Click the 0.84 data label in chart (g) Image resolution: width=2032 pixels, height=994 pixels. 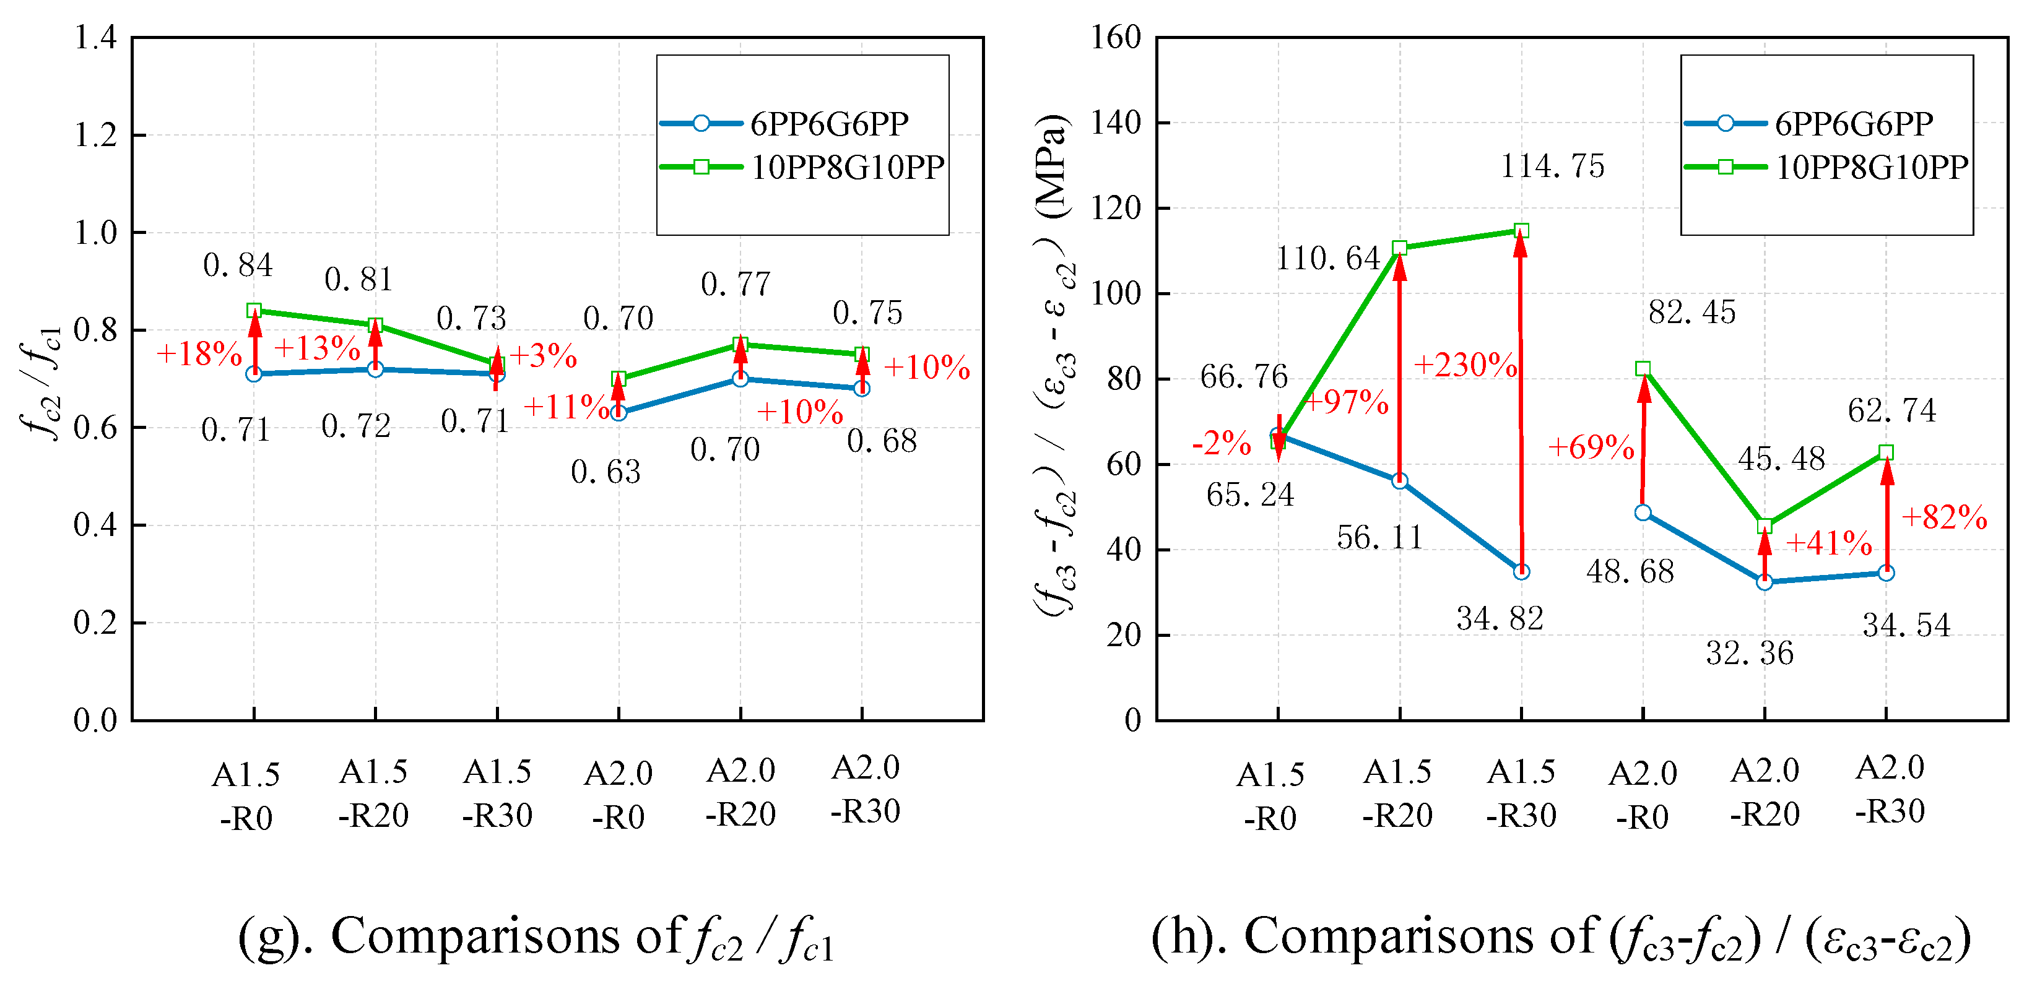237,265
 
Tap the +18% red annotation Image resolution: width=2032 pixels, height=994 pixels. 199,354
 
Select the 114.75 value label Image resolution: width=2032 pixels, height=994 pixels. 1552,166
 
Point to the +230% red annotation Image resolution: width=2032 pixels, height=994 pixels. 1465,365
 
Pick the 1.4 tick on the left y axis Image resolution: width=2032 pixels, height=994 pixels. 95,37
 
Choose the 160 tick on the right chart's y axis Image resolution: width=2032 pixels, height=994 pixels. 1116,37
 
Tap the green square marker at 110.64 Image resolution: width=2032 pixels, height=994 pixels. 1400,248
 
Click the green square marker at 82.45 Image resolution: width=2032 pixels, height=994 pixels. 1643,369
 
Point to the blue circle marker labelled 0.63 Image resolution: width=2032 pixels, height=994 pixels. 619,412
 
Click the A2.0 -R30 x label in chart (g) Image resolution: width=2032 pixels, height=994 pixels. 866,789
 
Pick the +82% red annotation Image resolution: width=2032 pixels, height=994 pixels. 1945,517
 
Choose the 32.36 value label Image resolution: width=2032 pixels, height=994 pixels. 1750,654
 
